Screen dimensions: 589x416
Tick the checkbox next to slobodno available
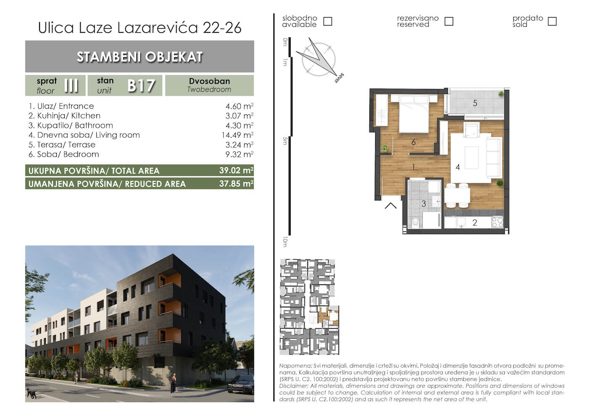[328, 21]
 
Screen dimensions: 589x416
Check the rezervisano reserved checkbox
[449, 21]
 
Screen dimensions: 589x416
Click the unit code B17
[141, 86]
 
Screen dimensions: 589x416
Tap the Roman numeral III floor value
[71, 86]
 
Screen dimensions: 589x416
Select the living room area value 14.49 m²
[237, 135]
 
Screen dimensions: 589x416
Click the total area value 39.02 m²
[236, 171]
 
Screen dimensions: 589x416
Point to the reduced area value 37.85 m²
[236, 183]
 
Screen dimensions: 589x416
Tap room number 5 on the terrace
[475, 103]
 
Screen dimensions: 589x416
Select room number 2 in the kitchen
[475, 223]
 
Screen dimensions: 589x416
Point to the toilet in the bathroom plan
[415, 223]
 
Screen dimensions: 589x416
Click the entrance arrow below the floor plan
[391, 205]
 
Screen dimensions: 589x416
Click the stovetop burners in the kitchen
[497, 222]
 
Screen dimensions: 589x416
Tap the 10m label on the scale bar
[285, 242]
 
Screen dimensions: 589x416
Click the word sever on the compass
[339, 78]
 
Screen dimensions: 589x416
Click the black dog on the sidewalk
[32, 393]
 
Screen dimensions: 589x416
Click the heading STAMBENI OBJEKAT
[140, 57]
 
